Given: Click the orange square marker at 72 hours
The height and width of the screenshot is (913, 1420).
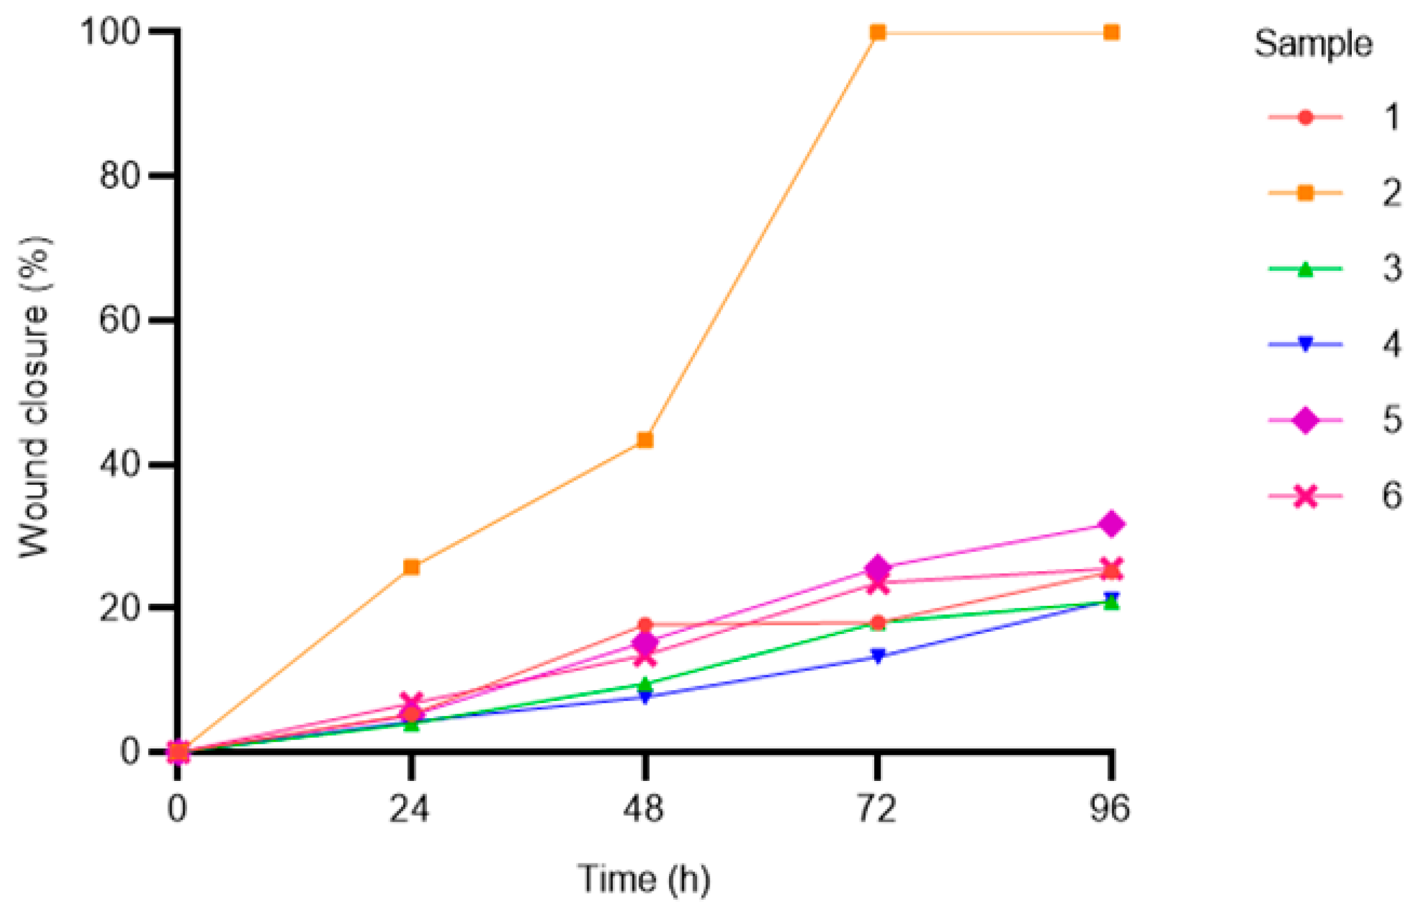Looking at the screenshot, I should point(878,32).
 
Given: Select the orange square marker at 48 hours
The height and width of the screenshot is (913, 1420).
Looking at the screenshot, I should point(645,440).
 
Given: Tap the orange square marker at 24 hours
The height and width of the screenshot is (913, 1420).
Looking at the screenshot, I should point(412,567).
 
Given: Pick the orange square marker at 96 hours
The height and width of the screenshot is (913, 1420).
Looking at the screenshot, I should point(1111,32).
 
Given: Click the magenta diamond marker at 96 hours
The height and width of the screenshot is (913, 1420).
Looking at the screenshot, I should point(1111,524).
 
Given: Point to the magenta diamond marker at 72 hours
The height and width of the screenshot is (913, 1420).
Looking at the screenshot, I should point(878,568).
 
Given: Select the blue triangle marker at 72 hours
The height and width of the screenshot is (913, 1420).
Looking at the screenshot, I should point(878,655).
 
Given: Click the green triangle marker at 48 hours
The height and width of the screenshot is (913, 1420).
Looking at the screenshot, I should point(645,685).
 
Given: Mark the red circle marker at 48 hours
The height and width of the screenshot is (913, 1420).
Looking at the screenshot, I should point(645,625).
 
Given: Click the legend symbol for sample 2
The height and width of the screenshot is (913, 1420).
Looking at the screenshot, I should point(1304,193).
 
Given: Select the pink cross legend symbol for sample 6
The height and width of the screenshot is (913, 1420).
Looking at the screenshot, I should point(1304,496).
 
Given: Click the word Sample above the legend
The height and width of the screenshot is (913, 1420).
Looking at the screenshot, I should point(1313,45).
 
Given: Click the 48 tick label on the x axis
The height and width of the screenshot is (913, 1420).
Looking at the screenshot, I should point(644,808).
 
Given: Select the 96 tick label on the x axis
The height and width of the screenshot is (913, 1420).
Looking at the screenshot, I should point(1110,808).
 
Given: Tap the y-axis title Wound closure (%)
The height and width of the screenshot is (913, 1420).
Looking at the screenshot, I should point(34,397).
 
